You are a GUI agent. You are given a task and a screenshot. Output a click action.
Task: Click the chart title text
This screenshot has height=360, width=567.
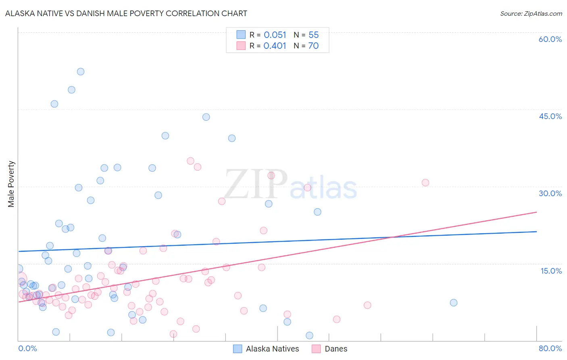[126, 13]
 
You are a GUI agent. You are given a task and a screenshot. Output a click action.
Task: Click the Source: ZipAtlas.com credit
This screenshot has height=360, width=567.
[531, 14]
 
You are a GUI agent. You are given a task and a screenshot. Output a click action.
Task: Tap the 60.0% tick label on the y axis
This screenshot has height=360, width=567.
[550, 39]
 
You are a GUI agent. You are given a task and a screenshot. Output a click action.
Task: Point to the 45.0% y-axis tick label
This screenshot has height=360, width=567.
[550, 116]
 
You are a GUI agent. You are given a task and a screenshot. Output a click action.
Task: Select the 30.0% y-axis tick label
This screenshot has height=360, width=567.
[550, 193]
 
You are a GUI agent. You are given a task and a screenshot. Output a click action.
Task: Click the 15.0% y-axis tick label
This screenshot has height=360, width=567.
[551, 271]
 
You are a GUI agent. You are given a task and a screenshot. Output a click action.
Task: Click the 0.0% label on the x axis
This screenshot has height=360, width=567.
[27, 348]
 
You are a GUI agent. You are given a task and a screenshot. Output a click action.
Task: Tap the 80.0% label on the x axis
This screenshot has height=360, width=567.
[550, 348]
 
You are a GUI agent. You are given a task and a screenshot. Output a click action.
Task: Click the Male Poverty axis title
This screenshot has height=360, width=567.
[11, 184]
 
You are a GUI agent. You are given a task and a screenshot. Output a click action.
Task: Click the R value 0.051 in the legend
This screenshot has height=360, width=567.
[275, 35]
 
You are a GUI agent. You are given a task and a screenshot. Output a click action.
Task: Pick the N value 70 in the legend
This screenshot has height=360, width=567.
[313, 46]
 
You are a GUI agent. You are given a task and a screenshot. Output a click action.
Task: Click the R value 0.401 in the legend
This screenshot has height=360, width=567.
[275, 46]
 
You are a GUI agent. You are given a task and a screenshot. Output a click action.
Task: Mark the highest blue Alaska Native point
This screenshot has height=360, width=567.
[81, 71]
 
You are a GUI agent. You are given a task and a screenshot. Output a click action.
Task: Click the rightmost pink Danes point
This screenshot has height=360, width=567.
[425, 182]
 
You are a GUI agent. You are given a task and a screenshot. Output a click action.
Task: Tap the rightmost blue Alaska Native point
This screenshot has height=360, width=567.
[454, 303]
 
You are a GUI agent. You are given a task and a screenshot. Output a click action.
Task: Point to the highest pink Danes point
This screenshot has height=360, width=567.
[190, 161]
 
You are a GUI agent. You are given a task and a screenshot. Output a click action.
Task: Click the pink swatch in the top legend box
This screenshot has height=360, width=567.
[241, 46]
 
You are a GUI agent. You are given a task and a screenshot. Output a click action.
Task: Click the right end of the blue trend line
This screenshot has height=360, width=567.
[537, 232]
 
